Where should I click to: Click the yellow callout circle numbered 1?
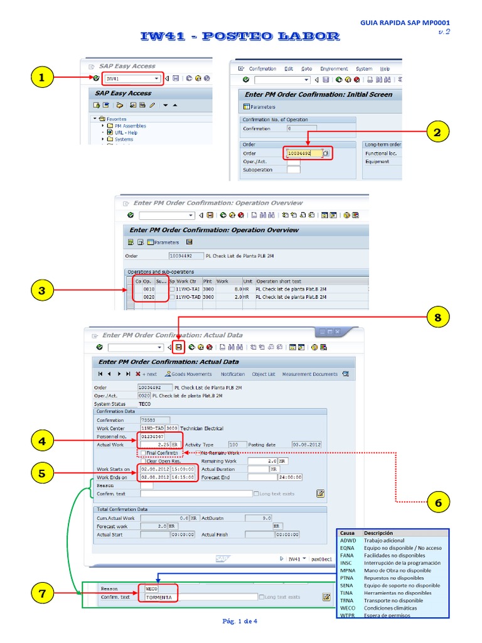point(41,78)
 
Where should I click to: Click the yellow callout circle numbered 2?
point(437,132)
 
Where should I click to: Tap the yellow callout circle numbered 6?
point(437,502)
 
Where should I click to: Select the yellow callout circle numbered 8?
point(437,318)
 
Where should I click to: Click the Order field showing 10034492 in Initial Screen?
point(304,153)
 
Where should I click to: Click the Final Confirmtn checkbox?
point(144,452)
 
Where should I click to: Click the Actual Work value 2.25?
point(154,445)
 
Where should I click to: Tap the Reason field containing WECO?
point(152,589)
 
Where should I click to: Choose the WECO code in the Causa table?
point(348,608)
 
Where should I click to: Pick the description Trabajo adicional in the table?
point(384,541)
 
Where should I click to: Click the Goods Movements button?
point(191,374)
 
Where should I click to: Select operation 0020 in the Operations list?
point(149,296)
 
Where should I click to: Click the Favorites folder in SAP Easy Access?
point(116,119)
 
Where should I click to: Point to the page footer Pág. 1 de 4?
point(240,622)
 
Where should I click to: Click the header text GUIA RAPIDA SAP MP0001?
point(405,22)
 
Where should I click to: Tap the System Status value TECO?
point(144,404)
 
